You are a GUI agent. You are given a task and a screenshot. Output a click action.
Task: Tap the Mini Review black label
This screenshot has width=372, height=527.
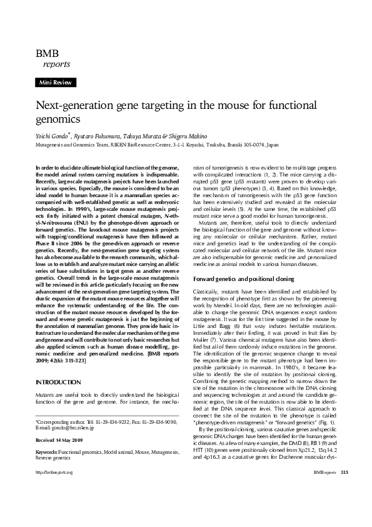(56, 82)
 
